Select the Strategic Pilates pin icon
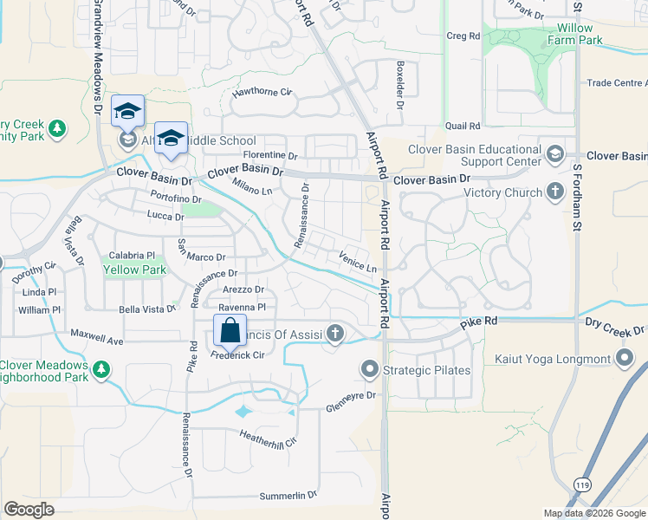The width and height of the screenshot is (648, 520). click(370, 370)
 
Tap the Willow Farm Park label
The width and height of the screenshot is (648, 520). click(575, 34)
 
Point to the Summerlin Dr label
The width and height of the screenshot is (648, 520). click(288, 496)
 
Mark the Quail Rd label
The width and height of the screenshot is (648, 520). click(463, 126)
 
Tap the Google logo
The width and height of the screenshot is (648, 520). click(29, 510)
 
